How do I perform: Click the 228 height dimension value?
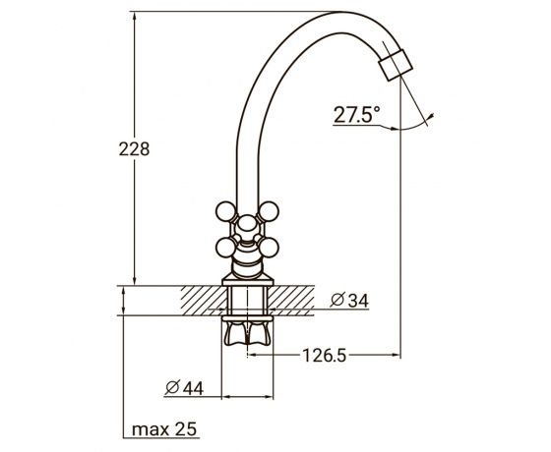134,149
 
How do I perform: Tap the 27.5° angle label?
356,114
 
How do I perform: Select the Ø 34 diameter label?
350,301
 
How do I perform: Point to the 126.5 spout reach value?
325,356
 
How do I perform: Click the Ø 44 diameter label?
184,388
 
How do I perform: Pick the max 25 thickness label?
164,428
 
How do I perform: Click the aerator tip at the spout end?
396,65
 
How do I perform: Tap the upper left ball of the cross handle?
225,211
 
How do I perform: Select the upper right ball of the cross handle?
269,211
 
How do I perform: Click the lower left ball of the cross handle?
225,248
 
